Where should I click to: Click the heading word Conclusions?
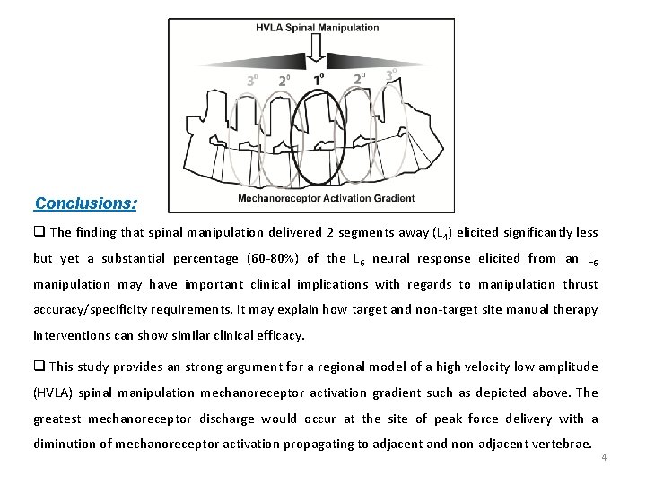click(x=85, y=203)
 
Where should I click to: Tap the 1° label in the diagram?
click(x=318, y=79)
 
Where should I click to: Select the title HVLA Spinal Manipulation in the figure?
click(x=319, y=28)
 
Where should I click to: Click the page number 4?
click(x=604, y=457)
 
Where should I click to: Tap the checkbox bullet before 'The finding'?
click(x=39, y=232)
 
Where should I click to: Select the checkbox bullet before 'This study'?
click(x=39, y=367)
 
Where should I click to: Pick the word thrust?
click(x=581, y=284)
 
